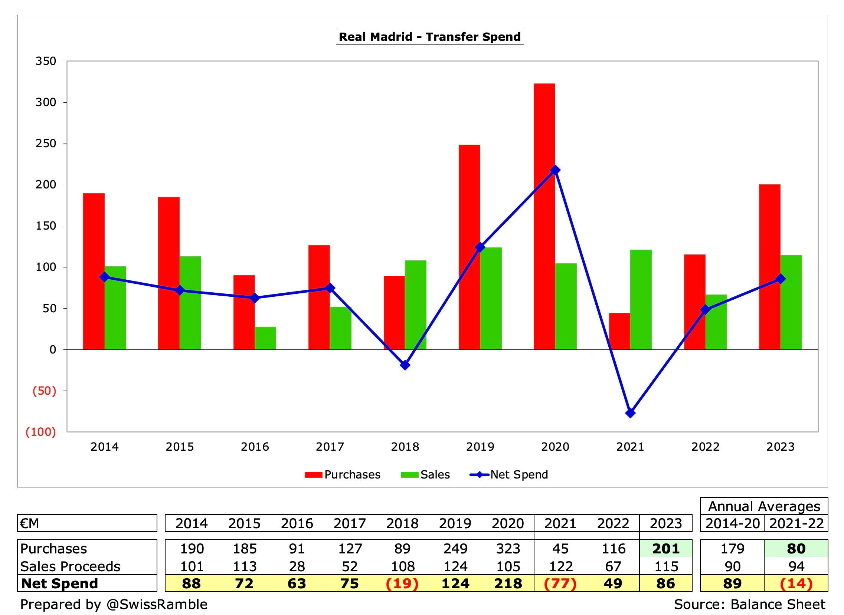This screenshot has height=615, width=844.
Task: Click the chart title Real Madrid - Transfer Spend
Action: (x=429, y=36)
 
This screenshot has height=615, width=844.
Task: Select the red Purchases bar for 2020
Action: (x=544, y=216)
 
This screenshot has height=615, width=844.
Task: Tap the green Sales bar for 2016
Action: (x=265, y=338)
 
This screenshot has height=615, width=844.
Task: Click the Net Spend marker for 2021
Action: (x=630, y=413)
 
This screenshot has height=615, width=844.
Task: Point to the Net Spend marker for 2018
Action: (x=405, y=365)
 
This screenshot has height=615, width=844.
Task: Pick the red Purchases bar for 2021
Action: (x=619, y=331)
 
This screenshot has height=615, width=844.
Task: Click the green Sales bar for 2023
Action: (x=791, y=302)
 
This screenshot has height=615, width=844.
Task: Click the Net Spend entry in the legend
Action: (x=509, y=475)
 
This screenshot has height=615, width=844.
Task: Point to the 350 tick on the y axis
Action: (x=45, y=61)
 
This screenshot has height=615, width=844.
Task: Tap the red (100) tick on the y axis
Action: (x=40, y=432)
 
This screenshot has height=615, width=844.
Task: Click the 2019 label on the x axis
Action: (x=480, y=446)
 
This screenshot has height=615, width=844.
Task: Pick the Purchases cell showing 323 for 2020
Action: (x=508, y=549)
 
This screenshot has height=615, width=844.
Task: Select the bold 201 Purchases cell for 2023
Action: (x=665, y=549)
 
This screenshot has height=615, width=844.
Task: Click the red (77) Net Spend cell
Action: (x=560, y=583)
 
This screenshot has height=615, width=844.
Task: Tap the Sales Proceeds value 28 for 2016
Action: (x=297, y=566)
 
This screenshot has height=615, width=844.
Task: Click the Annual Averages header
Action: (x=763, y=506)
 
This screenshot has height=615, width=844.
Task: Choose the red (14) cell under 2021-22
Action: (x=796, y=583)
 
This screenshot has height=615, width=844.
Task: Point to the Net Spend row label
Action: (x=60, y=583)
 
